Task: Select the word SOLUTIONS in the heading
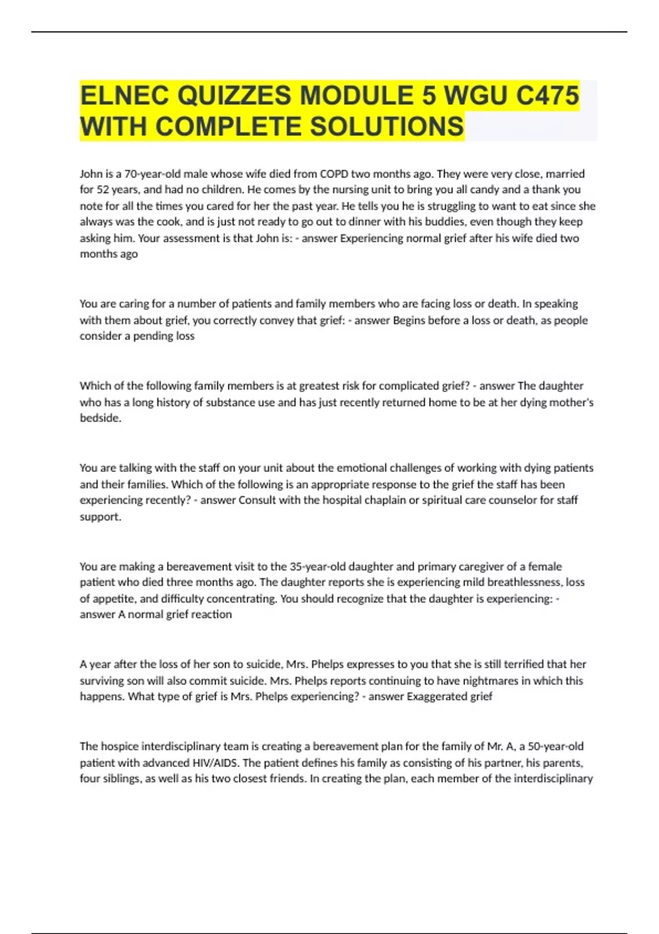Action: click(x=387, y=126)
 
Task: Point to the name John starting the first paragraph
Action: click(x=91, y=174)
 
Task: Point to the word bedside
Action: click(x=100, y=418)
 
